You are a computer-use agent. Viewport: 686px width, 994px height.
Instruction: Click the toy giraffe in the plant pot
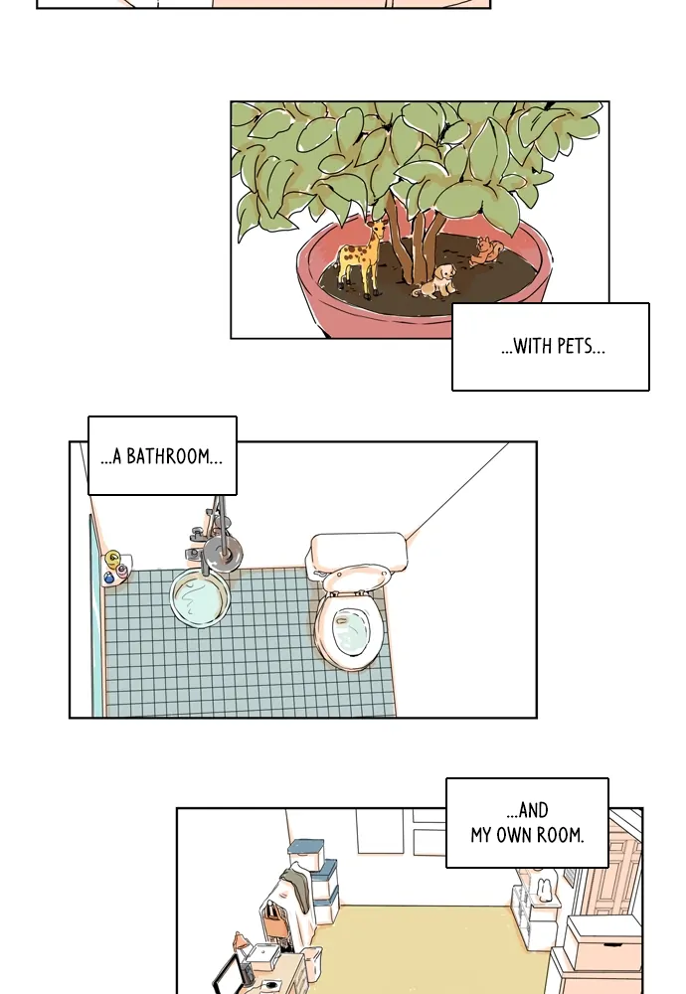pos(361,256)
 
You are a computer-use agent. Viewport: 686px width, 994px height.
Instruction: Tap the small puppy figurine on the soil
pos(436,281)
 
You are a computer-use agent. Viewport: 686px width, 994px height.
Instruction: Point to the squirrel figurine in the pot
pos(486,251)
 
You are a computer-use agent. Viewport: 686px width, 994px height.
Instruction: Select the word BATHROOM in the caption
pos(167,456)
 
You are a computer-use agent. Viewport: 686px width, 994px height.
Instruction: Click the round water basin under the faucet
pos(200,598)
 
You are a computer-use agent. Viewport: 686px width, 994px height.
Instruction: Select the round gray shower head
pos(223,552)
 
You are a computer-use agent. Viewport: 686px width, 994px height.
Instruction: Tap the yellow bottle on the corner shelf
pos(113,560)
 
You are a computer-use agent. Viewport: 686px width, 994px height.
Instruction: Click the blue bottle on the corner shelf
pos(108,578)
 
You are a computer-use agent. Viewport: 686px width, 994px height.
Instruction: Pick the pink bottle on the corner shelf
pos(121,574)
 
